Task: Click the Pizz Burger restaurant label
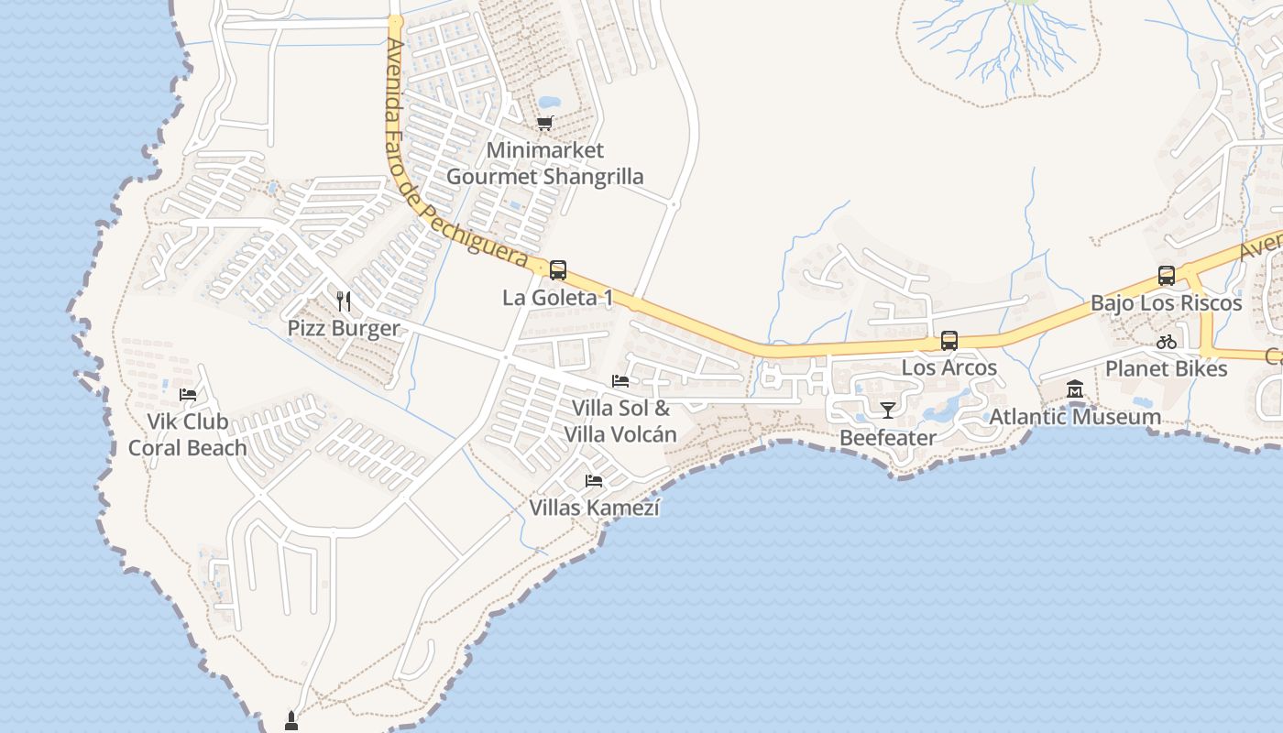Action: [344, 328]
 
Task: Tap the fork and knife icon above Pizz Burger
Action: [344, 301]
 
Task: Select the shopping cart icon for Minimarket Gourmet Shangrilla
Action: [545, 124]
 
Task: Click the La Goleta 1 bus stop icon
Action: [557, 270]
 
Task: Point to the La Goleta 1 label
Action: [557, 298]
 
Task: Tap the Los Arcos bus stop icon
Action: [949, 341]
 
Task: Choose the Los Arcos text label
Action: [949, 367]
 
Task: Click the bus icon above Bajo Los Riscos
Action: [1167, 275]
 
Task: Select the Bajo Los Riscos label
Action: [1167, 302]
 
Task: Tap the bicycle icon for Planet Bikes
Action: [1167, 343]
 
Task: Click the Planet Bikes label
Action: [1167, 368]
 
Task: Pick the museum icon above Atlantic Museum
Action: [1075, 390]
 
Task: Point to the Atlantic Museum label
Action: [1075, 417]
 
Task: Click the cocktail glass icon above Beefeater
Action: [887, 410]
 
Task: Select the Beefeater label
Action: [888, 437]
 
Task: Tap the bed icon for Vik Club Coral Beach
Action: [188, 395]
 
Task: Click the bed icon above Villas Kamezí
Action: [594, 480]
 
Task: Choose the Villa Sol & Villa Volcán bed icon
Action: [620, 381]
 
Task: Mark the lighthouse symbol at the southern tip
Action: [291, 720]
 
